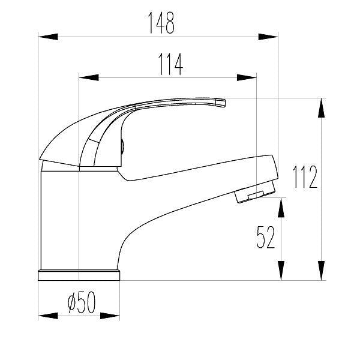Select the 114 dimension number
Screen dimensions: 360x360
point(170,64)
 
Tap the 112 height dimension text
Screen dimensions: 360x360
point(305,176)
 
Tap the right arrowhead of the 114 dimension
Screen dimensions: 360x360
point(247,77)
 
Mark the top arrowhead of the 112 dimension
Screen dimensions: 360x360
point(322,108)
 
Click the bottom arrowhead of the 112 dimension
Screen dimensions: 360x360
point(322,271)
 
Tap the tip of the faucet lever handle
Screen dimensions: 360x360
point(221,104)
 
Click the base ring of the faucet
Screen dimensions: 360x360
point(79,275)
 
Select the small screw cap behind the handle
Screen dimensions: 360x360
point(122,146)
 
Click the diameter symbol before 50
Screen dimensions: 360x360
point(71,304)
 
